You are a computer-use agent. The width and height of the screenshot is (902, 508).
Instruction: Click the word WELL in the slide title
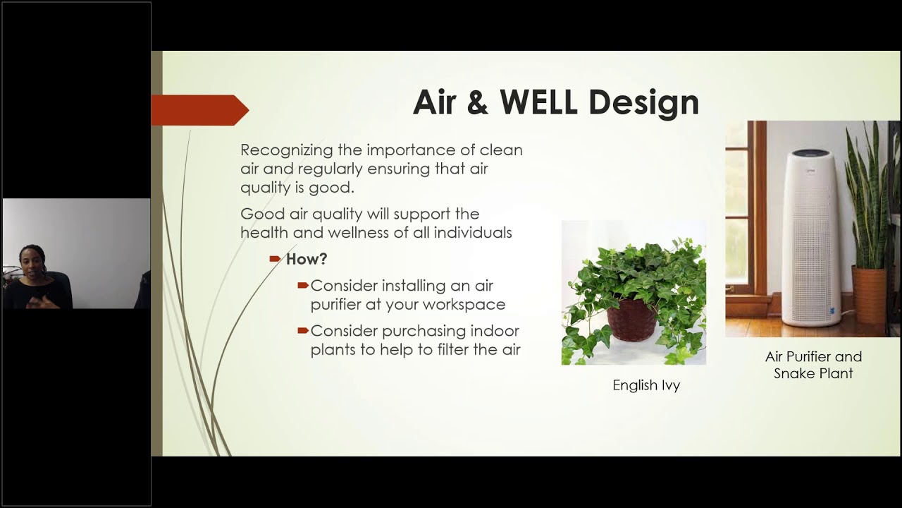pos(539,102)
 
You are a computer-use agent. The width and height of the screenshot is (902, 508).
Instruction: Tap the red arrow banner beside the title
pos(199,110)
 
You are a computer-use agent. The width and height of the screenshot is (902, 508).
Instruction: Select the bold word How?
pos(307,259)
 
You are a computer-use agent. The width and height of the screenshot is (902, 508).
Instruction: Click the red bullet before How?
pos(276,259)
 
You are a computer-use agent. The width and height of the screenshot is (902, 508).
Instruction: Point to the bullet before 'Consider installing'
pos(303,285)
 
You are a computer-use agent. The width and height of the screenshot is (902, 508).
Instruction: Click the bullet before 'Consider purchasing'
pos(303,330)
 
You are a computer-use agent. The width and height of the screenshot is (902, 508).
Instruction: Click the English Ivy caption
pos(646,385)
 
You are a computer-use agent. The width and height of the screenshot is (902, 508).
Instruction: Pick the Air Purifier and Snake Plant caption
pos(813,365)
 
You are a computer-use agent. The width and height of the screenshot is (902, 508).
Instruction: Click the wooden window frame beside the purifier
pos(758,212)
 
